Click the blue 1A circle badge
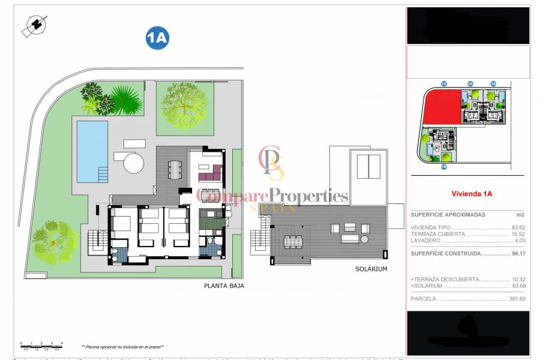[x=157, y=38]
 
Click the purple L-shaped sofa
[x=210, y=175]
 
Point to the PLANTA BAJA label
[x=224, y=286]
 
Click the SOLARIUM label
[x=370, y=269]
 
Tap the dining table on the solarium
[x=293, y=242]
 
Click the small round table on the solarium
[x=364, y=239]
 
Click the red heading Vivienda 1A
[x=471, y=194]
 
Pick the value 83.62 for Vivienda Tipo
[x=518, y=227]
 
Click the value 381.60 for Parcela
[x=516, y=298]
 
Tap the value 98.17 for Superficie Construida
[x=518, y=253]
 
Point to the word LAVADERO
[x=425, y=240]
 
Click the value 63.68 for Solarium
[x=518, y=286]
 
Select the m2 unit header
[x=520, y=214]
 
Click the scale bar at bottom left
[x=40, y=344]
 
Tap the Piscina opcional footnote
[x=122, y=347]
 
